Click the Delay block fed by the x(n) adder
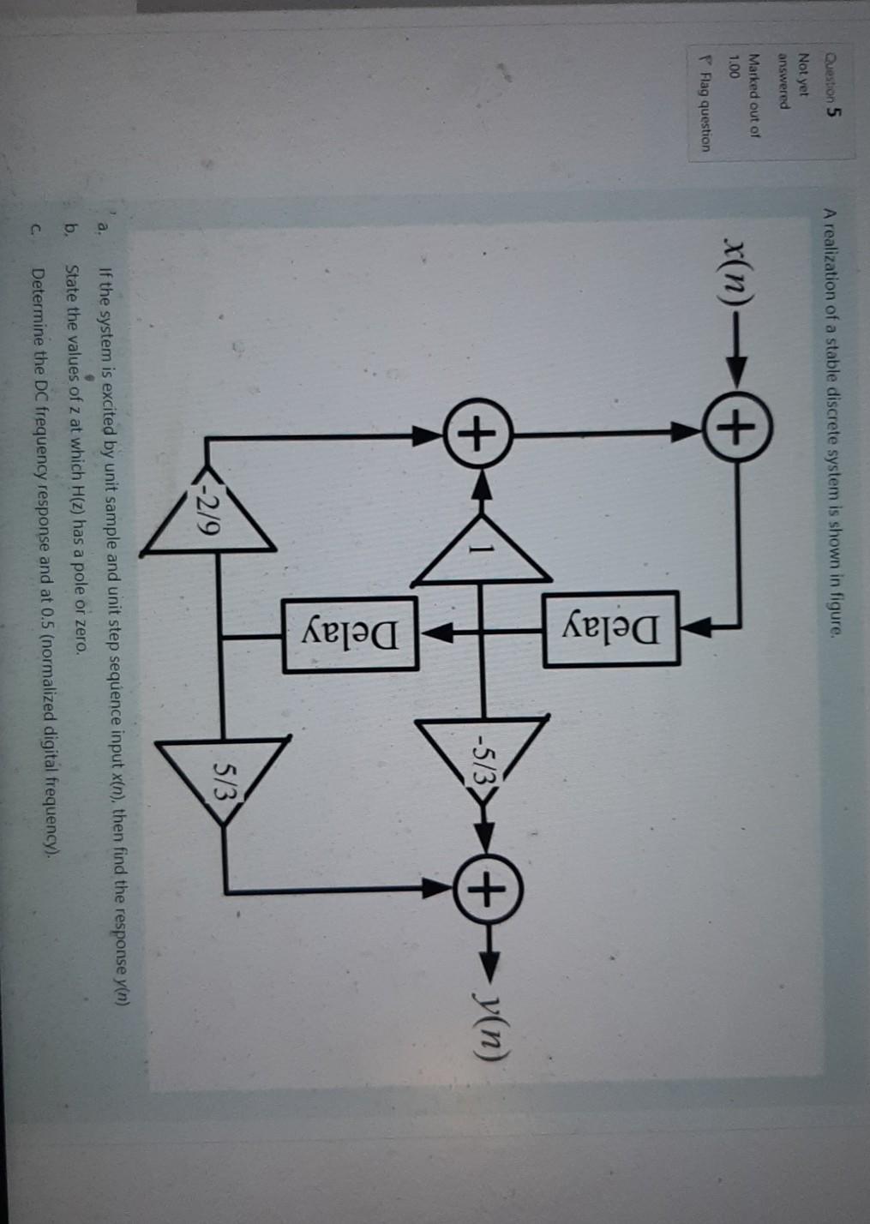click(x=610, y=628)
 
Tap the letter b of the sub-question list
click(x=73, y=231)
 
